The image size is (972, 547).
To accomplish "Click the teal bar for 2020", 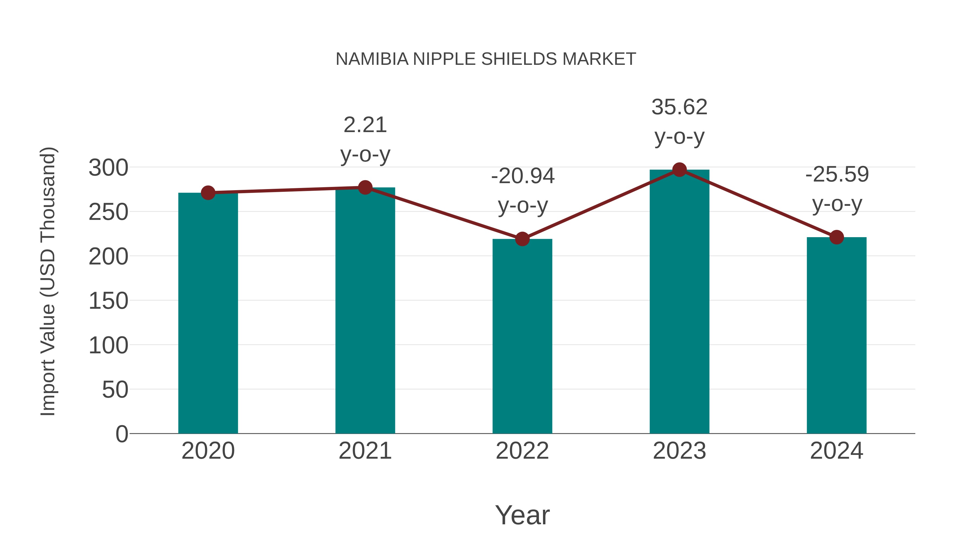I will click(208, 313).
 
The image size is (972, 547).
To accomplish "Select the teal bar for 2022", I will click(522, 336).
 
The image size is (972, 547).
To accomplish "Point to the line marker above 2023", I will click(679, 170).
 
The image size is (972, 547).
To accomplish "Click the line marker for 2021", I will click(365, 188).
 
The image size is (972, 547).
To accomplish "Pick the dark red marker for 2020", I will click(208, 193).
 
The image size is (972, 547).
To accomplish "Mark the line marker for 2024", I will click(836, 237).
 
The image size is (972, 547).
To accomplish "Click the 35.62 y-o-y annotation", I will click(679, 122).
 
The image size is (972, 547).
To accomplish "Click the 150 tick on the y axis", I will click(108, 301).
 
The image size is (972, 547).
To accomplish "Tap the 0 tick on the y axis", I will click(122, 434).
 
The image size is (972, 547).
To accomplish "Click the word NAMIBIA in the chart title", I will click(372, 59).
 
